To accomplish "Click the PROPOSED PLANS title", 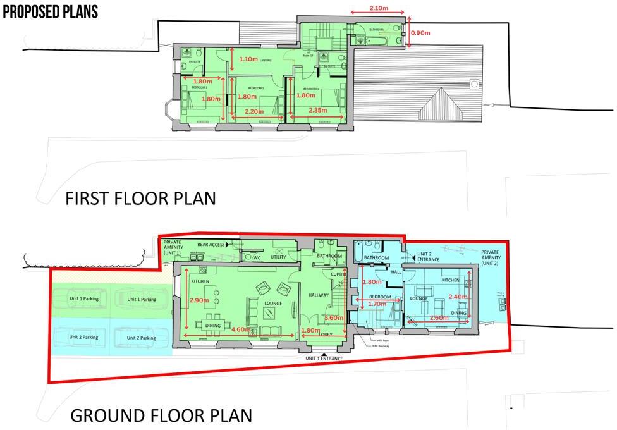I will pyautogui.click(x=51, y=12).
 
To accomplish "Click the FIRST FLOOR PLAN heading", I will pyautogui.click(x=140, y=198).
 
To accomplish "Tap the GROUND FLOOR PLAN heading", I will pyautogui.click(x=161, y=415).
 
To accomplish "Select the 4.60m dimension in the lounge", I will pyautogui.click(x=240, y=329).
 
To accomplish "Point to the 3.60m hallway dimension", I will pyautogui.click(x=334, y=318).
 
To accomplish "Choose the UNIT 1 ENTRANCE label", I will pyautogui.click(x=324, y=359).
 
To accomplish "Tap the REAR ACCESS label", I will pyautogui.click(x=212, y=244).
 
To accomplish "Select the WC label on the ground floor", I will pyautogui.click(x=257, y=258).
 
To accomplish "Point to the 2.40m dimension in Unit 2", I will pyautogui.click(x=458, y=297).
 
